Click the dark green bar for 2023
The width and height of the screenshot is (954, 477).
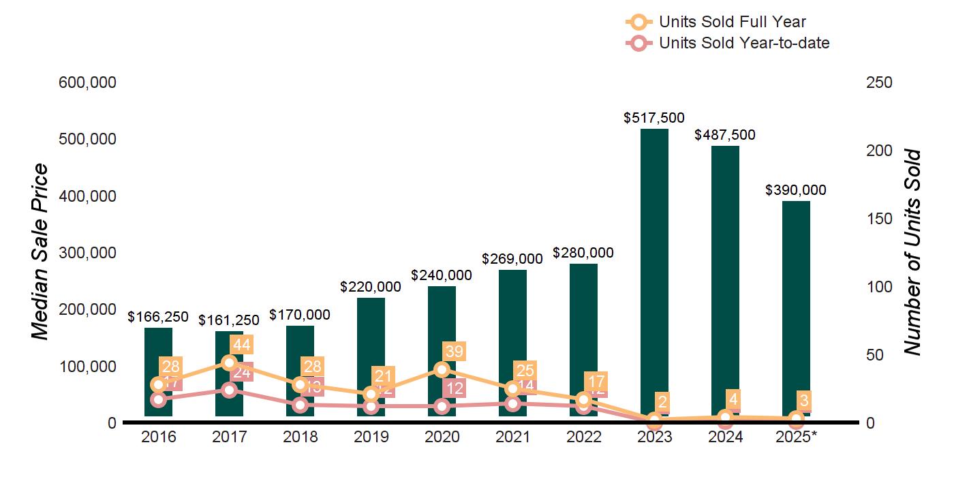654,273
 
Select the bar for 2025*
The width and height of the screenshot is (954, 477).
796,307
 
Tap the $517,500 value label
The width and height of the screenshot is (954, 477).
654,118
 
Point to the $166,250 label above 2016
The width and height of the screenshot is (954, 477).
158,317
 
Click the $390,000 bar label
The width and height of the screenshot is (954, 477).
796,190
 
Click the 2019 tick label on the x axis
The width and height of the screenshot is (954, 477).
371,437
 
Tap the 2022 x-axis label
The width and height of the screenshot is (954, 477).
583,437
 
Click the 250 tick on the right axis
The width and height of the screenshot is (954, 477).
878,82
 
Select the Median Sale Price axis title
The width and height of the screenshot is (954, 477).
41,252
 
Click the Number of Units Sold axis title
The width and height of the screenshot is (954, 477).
912,252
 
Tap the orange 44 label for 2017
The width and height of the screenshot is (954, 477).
242,345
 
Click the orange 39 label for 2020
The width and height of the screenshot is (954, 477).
455,352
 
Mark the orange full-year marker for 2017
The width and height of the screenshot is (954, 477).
229,363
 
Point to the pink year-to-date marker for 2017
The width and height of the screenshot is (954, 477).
229,390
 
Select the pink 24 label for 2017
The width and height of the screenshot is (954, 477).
243,373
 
